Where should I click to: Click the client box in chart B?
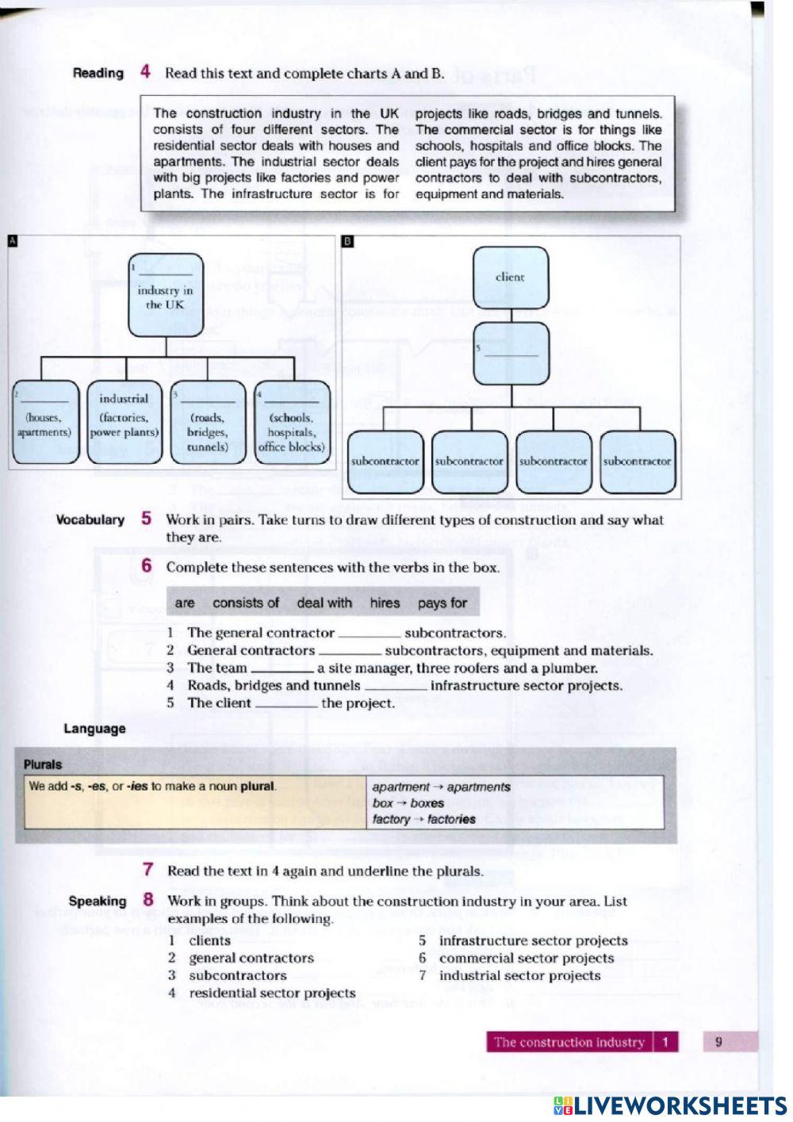(x=510, y=278)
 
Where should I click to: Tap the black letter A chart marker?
(x=12, y=241)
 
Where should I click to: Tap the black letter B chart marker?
(x=347, y=241)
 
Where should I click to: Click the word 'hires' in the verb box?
(x=385, y=603)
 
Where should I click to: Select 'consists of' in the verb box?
(x=246, y=603)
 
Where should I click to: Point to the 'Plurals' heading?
(x=43, y=764)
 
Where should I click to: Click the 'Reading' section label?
(x=98, y=73)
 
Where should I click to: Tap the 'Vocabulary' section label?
(x=90, y=520)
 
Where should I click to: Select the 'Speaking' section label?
(x=98, y=901)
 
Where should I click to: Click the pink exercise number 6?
(x=147, y=566)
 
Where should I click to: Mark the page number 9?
(x=718, y=1042)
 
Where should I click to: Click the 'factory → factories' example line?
(x=423, y=819)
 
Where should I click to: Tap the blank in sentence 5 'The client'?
(x=285, y=704)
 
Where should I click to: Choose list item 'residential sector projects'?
(x=272, y=993)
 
